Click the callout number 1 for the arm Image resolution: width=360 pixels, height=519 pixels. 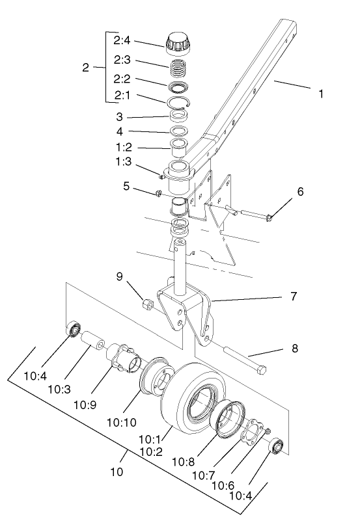point(320,94)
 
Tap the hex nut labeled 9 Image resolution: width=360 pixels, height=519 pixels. point(147,303)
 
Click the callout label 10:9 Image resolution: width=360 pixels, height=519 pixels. point(85,403)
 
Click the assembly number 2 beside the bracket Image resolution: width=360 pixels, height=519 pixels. point(85,67)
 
